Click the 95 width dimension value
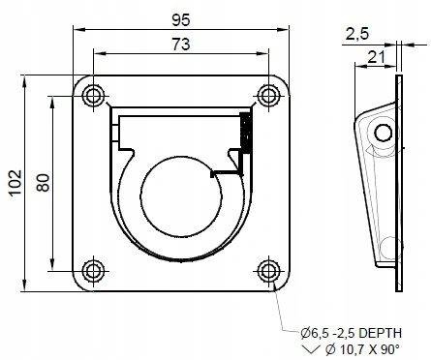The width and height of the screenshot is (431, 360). [x=181, y=16]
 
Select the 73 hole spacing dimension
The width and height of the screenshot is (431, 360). [x=181, y=43]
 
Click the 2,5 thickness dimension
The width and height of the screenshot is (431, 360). [x=357, y=35]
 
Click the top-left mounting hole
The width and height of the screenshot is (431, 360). [x=95, y=95]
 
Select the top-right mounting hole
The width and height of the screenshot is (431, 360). [x=267, y=95]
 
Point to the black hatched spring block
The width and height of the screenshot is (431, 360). [x=246, y=132]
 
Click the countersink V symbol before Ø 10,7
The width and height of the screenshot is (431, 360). [x=309, y=346]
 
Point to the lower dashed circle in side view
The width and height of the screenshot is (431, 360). [x=387, y=249]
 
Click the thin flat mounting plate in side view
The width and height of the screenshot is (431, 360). [x=398, y=184]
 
